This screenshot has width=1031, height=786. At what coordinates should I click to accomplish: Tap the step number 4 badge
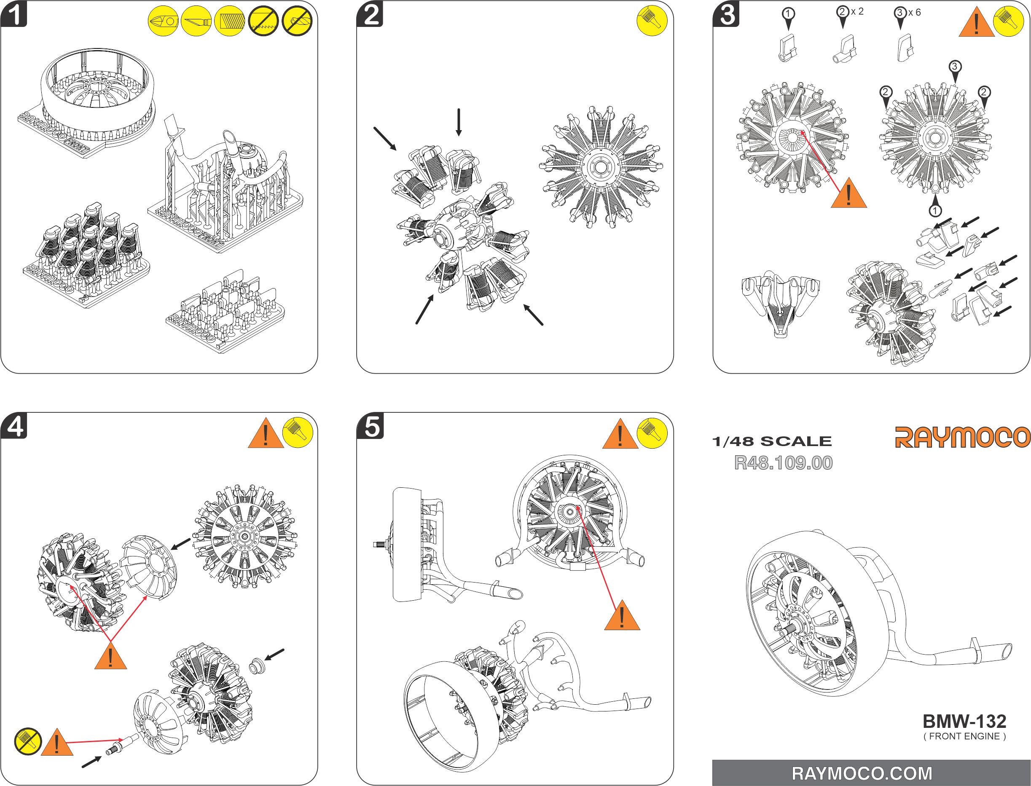[14, 427]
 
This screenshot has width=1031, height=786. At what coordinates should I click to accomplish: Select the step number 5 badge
[371, 427]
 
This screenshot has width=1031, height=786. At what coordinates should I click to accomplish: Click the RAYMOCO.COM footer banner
[871, 773]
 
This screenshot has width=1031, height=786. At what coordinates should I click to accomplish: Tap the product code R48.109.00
[783, 463]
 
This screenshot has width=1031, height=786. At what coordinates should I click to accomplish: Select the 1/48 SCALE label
[772, 441]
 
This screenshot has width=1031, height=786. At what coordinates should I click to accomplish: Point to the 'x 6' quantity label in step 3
[914, 13]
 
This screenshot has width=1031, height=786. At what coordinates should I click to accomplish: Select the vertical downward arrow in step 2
[459, 122]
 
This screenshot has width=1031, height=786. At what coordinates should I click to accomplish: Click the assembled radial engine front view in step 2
[601, 167]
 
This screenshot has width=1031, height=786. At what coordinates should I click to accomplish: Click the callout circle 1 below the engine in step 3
[934, 211]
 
